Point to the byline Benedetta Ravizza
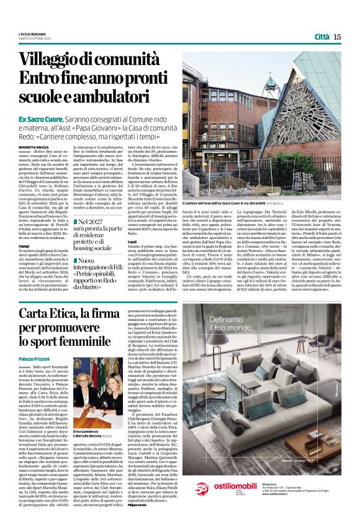pyautogui.click(x=32, y=147)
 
